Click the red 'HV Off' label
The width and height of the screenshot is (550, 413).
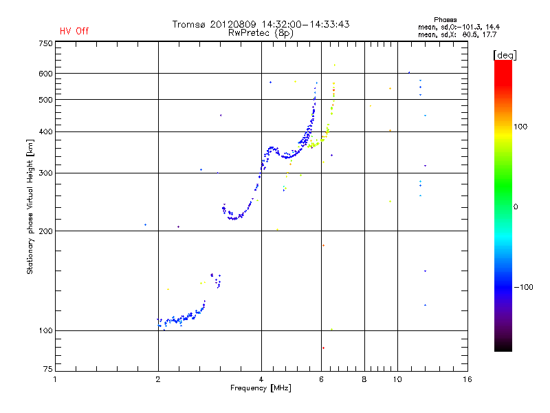click(74, 31)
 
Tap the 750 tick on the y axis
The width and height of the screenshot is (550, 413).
click(45, 43)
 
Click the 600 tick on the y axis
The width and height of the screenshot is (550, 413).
click(45, 74)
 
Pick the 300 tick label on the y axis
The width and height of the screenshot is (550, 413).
click(45, 173)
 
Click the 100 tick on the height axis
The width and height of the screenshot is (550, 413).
click(45, 331)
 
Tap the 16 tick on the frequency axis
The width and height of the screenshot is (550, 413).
click(467, 379)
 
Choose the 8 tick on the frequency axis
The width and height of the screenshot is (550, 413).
click(364, 379)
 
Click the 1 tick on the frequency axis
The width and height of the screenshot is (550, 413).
click(56, 379)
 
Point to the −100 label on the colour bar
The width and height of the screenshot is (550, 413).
click(526, 287)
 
